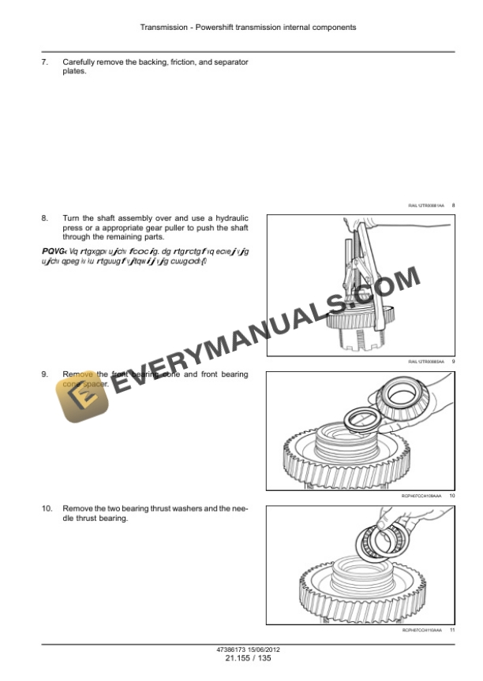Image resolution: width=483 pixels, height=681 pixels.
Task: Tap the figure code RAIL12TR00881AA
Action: click(x=426, y=206)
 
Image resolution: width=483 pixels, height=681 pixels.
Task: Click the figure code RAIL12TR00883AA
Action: click(x=426, y=361)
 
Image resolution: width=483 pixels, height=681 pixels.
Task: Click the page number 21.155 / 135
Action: click(x=248, y=658)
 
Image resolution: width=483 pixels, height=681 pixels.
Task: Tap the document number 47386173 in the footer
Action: click(x=231, y=649)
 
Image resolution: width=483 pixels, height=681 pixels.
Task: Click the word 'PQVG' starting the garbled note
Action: click(x=53, y=250)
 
